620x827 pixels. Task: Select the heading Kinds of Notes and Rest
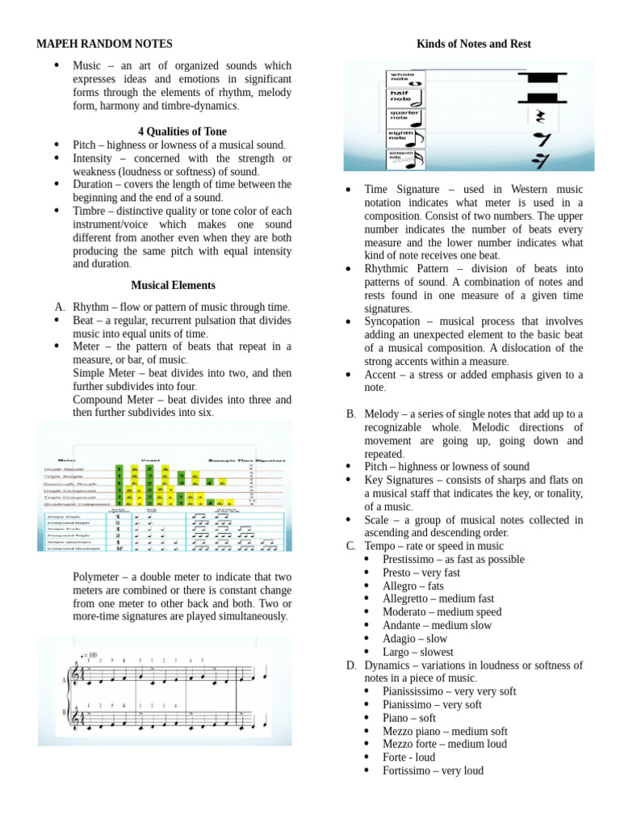click(x=473, y=44)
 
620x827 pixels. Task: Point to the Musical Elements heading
click(x=173, y=285)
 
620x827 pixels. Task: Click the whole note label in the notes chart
click(x=403, y=78)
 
